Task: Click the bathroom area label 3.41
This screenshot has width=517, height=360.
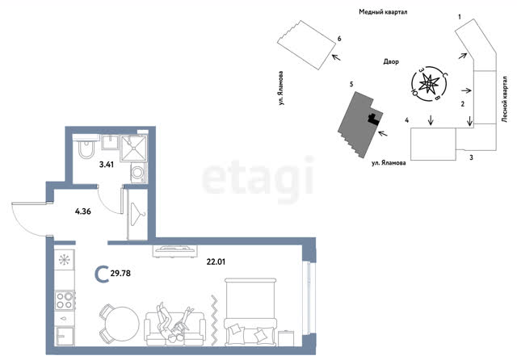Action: coord(107,165)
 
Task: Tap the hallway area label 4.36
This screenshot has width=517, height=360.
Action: coord(82,211)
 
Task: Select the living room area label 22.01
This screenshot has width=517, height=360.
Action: coord(216,262)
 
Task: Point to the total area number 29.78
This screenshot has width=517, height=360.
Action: coord(120,274)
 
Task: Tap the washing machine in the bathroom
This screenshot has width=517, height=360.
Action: coord(138,173)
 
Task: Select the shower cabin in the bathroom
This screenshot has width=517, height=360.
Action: coord(133,149)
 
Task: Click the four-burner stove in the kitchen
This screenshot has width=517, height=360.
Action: coord(65,300)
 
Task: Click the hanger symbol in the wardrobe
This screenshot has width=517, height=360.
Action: coord(137,214)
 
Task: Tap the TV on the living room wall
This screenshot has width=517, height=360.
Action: coord(175,250)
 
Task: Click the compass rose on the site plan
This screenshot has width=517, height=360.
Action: coord(429,84)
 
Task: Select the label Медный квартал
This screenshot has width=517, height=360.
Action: coord(383,12)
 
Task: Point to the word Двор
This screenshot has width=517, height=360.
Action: coord(391,61)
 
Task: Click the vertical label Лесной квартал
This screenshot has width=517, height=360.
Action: coord(504,99)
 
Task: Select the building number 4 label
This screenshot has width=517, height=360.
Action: coord(407,120)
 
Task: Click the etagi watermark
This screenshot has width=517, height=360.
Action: coord(258,179)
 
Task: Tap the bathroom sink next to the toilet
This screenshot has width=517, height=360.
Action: coord(110,142)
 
